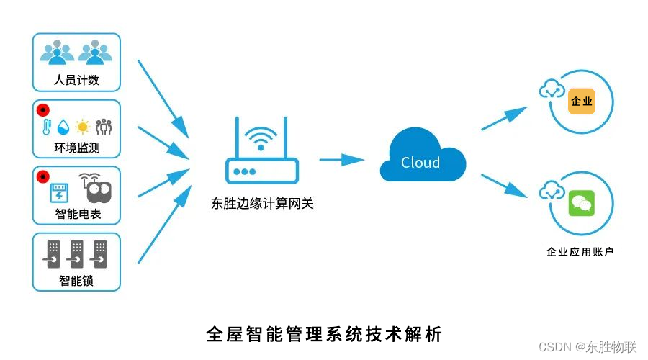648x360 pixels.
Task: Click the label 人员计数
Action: (x=76, y=80)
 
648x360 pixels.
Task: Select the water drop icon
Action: (x=65, y=127)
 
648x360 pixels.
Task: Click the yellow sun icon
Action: (x=82, y=127)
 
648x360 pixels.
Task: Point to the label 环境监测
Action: (x=76, y=148)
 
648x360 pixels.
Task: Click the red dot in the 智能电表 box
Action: (x=42, y=176)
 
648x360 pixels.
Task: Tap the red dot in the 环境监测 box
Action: (x=42, y=109)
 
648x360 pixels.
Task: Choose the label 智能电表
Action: (x=76, y=214)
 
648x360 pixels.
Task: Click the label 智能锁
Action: (x=76, y=281)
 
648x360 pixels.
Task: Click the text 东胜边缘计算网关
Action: (x=263, y=204)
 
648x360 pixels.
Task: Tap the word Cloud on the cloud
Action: (x=420, y=163)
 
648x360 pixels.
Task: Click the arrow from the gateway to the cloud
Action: (x=341, y=159)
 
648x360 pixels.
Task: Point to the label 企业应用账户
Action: (x=580, y=252)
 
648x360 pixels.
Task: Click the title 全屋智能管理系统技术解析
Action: (x=324, y=333)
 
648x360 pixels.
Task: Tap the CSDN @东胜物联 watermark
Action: (x=588, y=346)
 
